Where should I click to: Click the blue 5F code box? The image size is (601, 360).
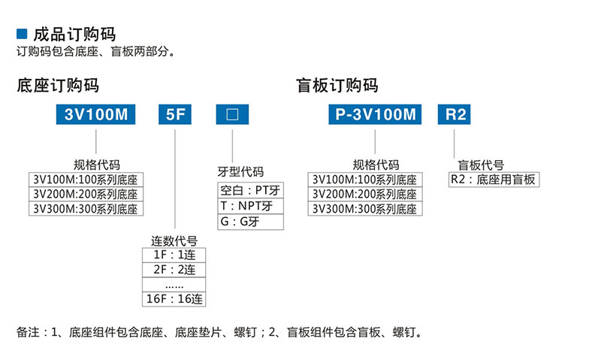point(175,114)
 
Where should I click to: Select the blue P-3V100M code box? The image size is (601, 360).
point(375,114)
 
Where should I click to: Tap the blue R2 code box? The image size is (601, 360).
point(455,114)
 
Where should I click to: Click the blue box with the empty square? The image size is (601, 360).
point(232,114)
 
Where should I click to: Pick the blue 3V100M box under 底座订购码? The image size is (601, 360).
point(96,114)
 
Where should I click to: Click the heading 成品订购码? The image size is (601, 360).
point(74,35)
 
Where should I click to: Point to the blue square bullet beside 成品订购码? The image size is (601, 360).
point(22,34)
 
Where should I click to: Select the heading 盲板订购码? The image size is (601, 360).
point(337,85)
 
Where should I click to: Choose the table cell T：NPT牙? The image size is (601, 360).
point(251,206)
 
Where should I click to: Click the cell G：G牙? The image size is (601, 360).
point(251,222)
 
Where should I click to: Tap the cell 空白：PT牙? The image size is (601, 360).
point(251,190)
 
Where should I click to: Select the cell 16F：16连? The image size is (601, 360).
point(174,299)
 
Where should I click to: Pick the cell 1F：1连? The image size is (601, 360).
point(174,255)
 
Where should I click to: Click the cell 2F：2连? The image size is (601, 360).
point(174,270)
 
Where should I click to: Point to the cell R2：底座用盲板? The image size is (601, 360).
point(494,180)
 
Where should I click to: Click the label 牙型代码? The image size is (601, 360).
point(240,172)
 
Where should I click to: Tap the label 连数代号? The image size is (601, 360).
point(174,241)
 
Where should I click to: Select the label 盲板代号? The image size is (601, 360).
point(481,165)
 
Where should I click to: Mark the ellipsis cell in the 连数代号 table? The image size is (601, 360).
point(174,285)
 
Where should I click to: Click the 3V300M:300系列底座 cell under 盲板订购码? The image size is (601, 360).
point(365,209)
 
